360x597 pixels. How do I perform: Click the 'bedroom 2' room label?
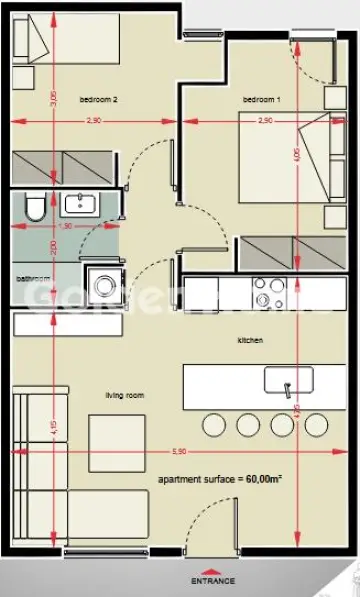[99, 100]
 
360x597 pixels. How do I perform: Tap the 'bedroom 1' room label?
[262, 100]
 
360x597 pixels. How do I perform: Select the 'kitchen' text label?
[249, 341]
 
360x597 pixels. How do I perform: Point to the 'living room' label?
[125, 396]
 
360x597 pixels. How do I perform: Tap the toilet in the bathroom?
[33, 208]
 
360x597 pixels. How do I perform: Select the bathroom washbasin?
[78, 206]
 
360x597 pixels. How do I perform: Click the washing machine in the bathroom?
[101, 283]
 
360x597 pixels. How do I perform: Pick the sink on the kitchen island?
[288, 381]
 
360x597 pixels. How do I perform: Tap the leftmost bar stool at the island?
[215, 424]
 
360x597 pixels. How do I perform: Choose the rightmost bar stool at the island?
[316, 424]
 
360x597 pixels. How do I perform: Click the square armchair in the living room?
[116, 438]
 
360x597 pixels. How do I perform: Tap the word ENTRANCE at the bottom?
[213, 580]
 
